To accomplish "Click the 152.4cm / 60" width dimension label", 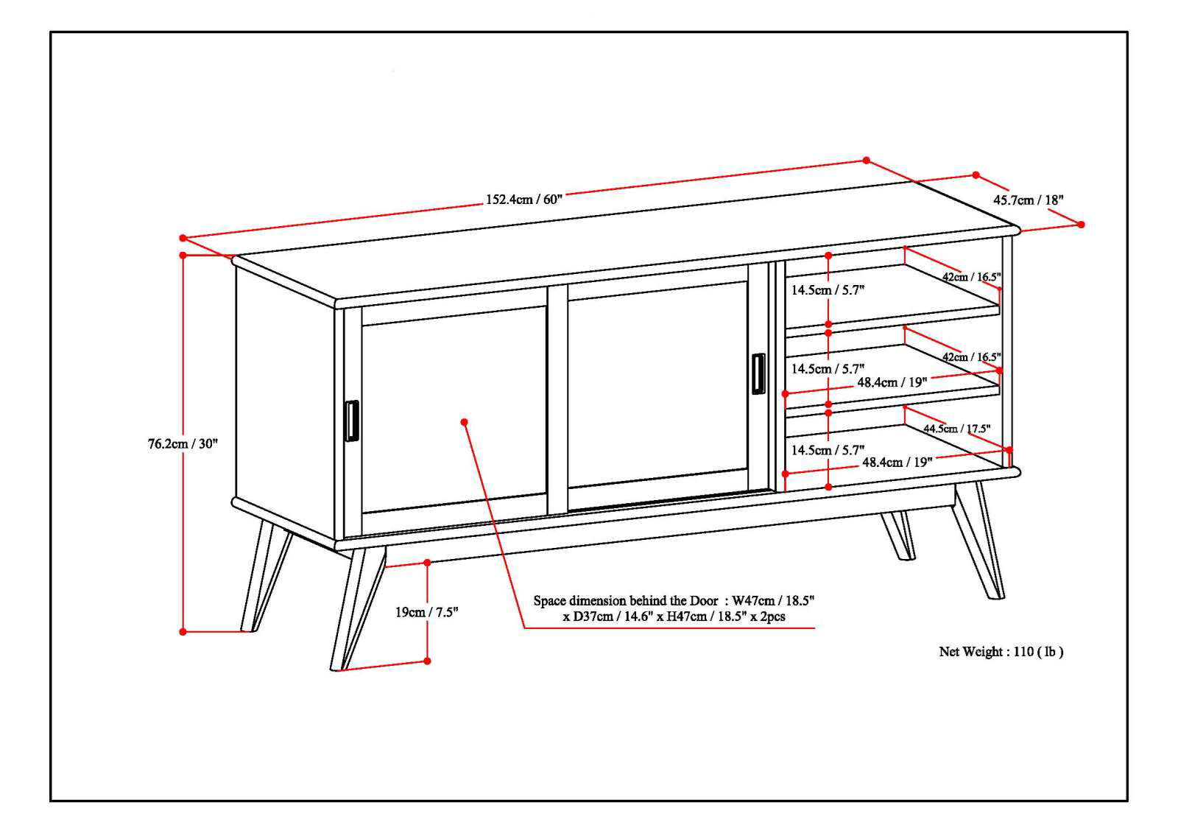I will click(523, 200).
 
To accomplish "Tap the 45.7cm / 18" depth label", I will click(1029, 200).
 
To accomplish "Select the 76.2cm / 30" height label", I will click(183, 443).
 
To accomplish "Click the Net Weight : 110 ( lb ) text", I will click(1001, 651).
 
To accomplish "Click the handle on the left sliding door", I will click(352, 421).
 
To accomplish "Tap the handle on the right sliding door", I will click(758, 374).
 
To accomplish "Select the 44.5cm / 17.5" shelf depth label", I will click(957, 428).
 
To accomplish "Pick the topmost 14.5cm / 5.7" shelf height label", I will click(828, 290).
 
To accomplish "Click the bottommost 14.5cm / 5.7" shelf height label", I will click(828, 449).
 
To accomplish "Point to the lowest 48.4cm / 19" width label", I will click(897, 462).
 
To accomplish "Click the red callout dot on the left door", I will click(465, 422).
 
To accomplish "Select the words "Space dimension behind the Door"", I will click(625, 601).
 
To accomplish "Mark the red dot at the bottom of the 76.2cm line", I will click(183, 631).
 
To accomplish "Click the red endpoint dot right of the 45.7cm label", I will click(1082, 225).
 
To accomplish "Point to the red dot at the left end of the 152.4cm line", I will click(183, 238).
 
